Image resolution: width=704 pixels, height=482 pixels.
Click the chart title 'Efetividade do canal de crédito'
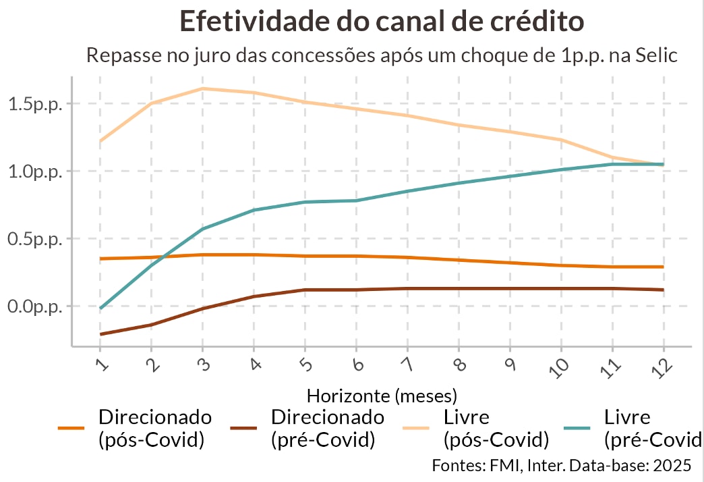pyautogui.click(x=382, y=21)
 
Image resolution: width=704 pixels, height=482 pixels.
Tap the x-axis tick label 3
pyautogui.click(x=203, y=365)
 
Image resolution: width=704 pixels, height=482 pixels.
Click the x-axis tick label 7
pyautogui.click(x=409, y=365)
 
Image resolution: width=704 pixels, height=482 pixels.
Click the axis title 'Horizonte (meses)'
pyautogui.click(x=382, y=394)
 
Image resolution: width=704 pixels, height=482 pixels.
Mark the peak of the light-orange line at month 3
pyautogui.click(x=202, y=88)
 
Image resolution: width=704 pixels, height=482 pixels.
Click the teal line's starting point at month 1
pyautogui.click(x=100, y=309)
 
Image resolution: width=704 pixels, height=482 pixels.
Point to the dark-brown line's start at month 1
pyautogui.click(x=100, y=334)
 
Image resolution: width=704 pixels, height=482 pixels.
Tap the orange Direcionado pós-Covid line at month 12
pyautogui.click(x=664, y=267)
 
